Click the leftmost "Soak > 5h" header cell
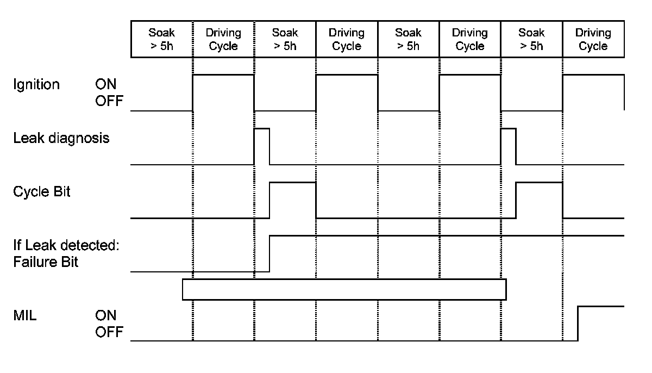coord(162,39)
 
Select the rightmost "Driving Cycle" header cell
coord(593,39)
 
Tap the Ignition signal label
coord(36,85)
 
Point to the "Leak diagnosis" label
coord(61,138)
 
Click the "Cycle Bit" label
coord(42,192)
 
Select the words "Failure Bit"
coord(46,262)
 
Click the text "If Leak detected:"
coord(66,246)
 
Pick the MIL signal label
coord(25,315)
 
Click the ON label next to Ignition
coord(106,85)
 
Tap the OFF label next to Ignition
coord(109,101)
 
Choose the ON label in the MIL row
coord(106,315)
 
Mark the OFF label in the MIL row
coord(109,331)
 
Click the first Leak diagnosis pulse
coord(262,146)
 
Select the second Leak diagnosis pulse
coord(508,146)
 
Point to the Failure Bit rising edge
coord(269,253)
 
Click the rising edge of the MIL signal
coord(578,324)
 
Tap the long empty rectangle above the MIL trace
coord(344,289)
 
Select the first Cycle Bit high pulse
coord(293,199)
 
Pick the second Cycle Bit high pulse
coord(539,199)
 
